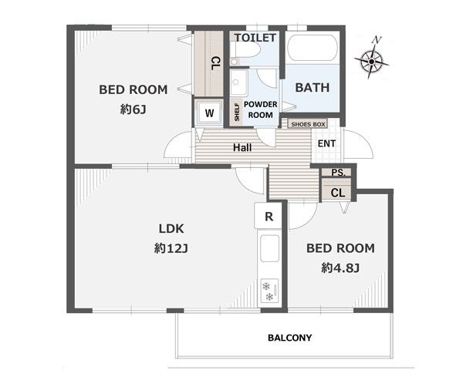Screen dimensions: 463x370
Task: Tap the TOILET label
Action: (x=255, y=38)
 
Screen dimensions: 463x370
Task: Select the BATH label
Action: (x=313, y=88)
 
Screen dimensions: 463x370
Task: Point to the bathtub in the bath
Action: (x=312, y=49)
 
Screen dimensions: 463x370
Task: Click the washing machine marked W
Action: (x=209, y=113)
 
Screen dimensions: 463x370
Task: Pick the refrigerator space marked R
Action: (x=269, y=216)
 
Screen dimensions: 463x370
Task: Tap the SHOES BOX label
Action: (x=308, y=124)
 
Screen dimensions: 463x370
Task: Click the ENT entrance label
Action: (x=326, y=143)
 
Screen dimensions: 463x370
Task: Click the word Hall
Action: (x=242, y=147)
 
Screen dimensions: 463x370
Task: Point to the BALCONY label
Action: (x=289, y=338)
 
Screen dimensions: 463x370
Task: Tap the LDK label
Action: (x=171, y=229)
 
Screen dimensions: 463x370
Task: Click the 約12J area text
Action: (x=171, y=249)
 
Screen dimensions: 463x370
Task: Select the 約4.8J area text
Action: (x=340, y=268)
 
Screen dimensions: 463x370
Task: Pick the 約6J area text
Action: (x=133, y=109)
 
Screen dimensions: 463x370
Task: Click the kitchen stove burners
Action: (x=269, y=291)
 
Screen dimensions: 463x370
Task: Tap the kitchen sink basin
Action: (x=269, y=248)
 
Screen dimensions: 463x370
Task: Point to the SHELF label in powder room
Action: (x=237, y=112)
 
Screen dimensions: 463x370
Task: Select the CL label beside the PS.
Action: (x=338, y=193)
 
